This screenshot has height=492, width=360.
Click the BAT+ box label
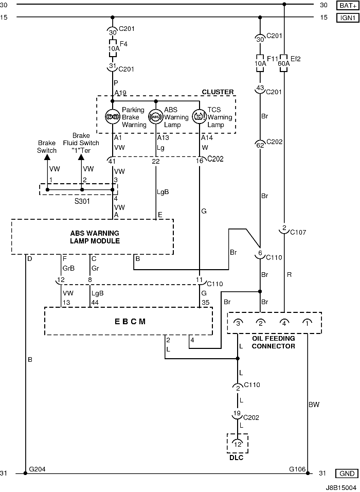(x=348, y=5)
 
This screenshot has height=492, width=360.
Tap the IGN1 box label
(x=348, y=17)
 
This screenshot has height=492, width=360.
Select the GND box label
(x=347, y=473)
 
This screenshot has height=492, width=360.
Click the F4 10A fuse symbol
(x=113, y=48)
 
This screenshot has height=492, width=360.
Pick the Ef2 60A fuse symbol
(x=283, y=63)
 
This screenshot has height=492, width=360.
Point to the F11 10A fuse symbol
(x=260, y=63)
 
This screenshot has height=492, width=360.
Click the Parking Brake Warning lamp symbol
(x=113, y=117)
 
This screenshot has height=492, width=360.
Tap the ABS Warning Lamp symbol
(x=155, y=117)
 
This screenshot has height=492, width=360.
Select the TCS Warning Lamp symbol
(x=199, y=117)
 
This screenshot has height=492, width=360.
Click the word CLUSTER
(x=218, y=92)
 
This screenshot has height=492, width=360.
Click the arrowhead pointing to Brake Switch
(x=47, y=157)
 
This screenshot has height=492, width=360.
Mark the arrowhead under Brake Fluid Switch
(x=81, y=157)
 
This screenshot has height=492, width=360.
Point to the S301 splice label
(x=82, y=201)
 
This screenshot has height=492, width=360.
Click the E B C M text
(x=130, y=322)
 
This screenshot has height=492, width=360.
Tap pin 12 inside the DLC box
(x=238, y=444)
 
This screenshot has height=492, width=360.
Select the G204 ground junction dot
(x=25, y=473)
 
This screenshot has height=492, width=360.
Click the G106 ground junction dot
(x=308, y=473)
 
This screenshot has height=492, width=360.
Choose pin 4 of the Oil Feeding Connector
(x=284, y=323)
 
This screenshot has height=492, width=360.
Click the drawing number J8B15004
(x=341, y=487)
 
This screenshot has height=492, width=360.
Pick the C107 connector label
(x=298, y=232)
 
